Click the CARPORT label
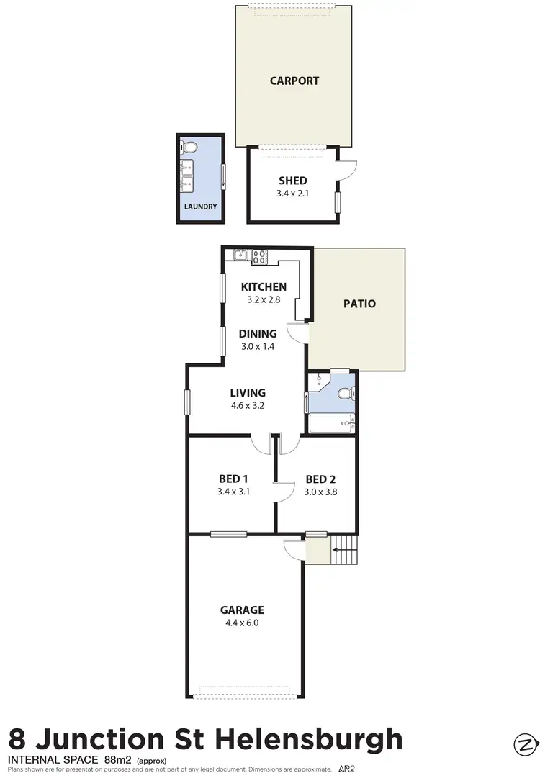coord(294,81)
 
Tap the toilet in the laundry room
coord(190,148)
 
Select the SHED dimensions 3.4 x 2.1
coord(292,193)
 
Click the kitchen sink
coord(240,255)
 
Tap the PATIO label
coord(359,304)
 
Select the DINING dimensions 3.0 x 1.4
coord(258,346)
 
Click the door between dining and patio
coord(297,333)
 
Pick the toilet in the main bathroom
coord(344,394)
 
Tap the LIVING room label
coord(248,393)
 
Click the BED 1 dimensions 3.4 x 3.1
coord(233,492)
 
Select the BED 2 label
coord(321,479)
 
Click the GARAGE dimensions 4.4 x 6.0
coord(242,623)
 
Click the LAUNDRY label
coord(200,207)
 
